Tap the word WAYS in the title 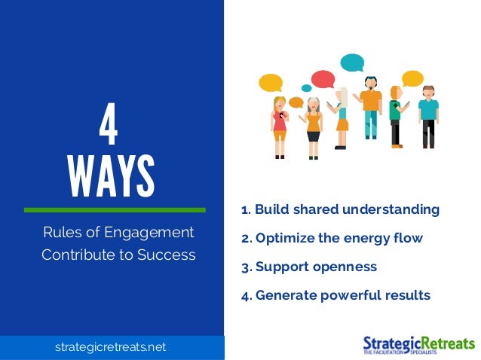pos(111,175)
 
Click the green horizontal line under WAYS pos(115,209)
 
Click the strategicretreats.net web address pos(110,347)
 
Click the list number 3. pos(245,267)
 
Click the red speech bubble pos(323,79)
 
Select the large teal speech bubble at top pos(351,63)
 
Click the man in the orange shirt pos(370,106)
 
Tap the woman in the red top pos(280,124)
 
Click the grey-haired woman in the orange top pos(313,124)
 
